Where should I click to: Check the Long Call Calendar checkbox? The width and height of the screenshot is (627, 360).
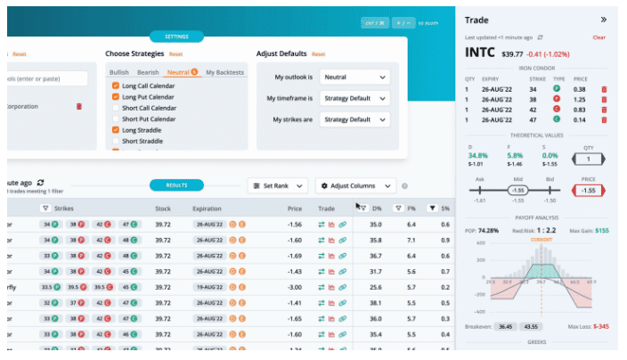(116, 86)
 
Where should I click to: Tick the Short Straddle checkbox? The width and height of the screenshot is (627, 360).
(116, 141)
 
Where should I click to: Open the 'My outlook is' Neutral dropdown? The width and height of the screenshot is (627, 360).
(354, 77)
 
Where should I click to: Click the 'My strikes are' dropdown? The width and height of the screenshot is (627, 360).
(354, 119)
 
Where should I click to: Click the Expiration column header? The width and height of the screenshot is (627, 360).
(207, 209)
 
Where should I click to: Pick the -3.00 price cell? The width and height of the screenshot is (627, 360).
(295, 287)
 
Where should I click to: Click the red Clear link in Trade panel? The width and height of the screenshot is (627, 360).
(598, 37)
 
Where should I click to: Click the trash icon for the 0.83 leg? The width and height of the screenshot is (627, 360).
(605, 109)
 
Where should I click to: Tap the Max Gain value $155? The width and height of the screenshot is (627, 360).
(602, 230)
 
